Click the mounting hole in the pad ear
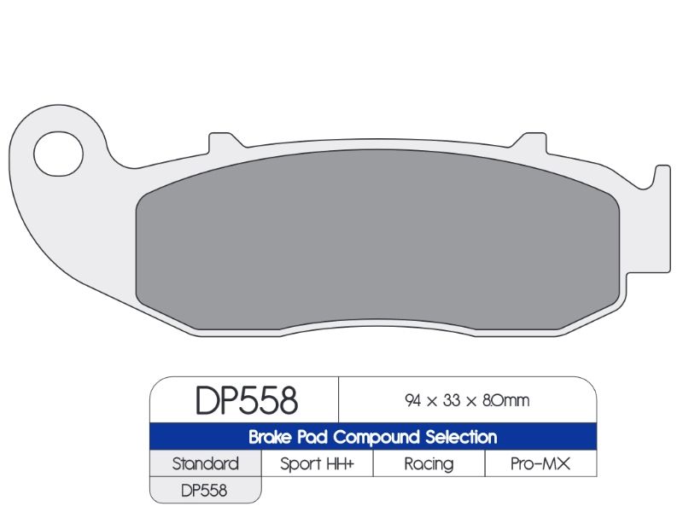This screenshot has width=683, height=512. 58,154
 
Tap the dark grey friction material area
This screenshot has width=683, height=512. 377,241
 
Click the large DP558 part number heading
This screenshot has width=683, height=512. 247,400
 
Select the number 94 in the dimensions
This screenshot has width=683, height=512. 412,400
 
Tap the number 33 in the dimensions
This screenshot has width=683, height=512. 452,400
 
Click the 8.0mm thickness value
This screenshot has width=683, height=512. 505,400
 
